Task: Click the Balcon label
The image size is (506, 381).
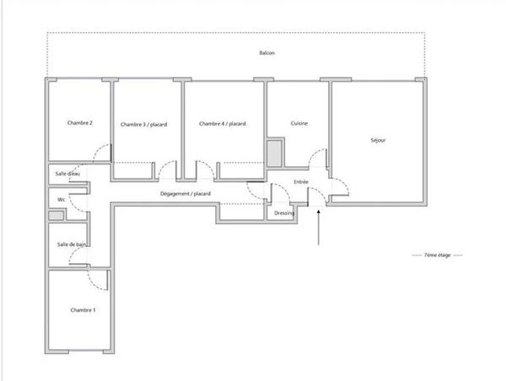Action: tap(266, 53)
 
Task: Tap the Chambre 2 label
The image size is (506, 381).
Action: tap(79, 123)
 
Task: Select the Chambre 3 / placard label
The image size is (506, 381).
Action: tap(143, 125)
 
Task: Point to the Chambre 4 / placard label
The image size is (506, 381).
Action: tap(222, 124)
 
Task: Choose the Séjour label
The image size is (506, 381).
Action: tap(378, 140)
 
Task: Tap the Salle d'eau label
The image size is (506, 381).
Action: tap(67, 174)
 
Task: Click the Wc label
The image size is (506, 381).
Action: tap(62, 199)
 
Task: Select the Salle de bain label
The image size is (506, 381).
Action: tap(71, 244)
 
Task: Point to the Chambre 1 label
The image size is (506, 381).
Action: tap(83, 310)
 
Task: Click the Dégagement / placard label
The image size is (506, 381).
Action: tap(185, 195)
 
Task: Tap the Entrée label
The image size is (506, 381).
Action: tap(301, 182)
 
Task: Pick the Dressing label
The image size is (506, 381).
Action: tap(284, 212)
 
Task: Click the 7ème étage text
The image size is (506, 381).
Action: tap(438, 255)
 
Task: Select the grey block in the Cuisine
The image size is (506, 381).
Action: tap(275, 153)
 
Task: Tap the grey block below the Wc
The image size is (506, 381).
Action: tap(56, 216)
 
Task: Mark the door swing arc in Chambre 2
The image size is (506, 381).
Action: tap(102, 153)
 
